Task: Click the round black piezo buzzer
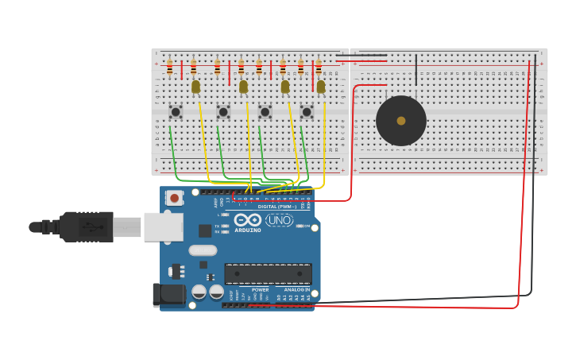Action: tap(401, 121)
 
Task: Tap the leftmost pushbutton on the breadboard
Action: tap(176, 112)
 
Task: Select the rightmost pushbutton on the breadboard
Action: tap(307, 112)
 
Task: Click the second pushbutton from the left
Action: tap(223, 112)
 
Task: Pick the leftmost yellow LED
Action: tap(195, 86)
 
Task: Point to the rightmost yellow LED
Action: tap(321, 86)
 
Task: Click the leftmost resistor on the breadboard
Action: tap(169, 68)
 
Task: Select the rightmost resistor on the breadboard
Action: tap(319, 68)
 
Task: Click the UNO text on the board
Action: tap(279, 219)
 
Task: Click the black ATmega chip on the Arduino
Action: tap(268, 274)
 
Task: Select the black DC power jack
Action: tap(170, 295)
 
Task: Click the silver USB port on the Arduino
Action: tap(164, 226)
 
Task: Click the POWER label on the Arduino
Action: tap(260, 290)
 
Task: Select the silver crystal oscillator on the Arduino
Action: tap(203, 250)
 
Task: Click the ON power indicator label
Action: tap(307, 226)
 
